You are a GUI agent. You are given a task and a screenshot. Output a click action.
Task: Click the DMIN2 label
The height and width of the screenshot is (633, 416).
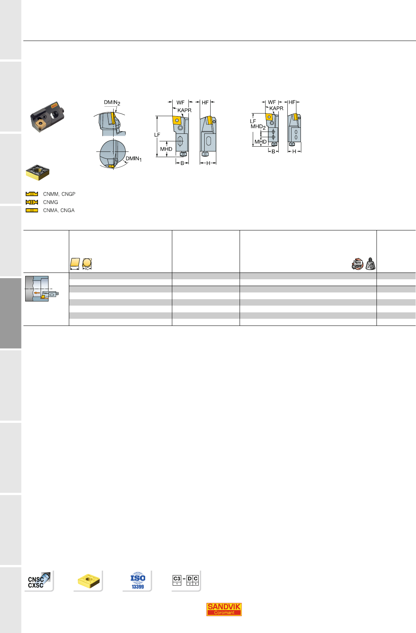[112, 103]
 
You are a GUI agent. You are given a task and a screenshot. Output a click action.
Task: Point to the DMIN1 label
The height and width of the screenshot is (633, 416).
[134, 159]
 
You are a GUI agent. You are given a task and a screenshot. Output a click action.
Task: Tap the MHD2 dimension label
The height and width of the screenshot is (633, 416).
[258, 127]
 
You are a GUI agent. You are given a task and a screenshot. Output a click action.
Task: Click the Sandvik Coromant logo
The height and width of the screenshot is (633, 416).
[224, 609]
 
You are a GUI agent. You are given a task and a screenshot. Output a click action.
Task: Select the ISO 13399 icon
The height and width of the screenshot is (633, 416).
[138, 581]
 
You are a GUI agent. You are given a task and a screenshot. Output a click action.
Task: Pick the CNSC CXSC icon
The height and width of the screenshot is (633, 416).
[39, 580]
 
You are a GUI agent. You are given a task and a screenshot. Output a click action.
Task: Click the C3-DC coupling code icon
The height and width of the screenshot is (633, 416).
[185, 580]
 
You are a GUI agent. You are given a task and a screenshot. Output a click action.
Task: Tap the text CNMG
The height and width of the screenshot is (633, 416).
[51, 202]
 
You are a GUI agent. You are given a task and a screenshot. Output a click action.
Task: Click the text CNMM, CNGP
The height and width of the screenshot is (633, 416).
[59, 194]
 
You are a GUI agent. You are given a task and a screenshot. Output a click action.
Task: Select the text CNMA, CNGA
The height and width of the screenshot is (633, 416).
[59, 210]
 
